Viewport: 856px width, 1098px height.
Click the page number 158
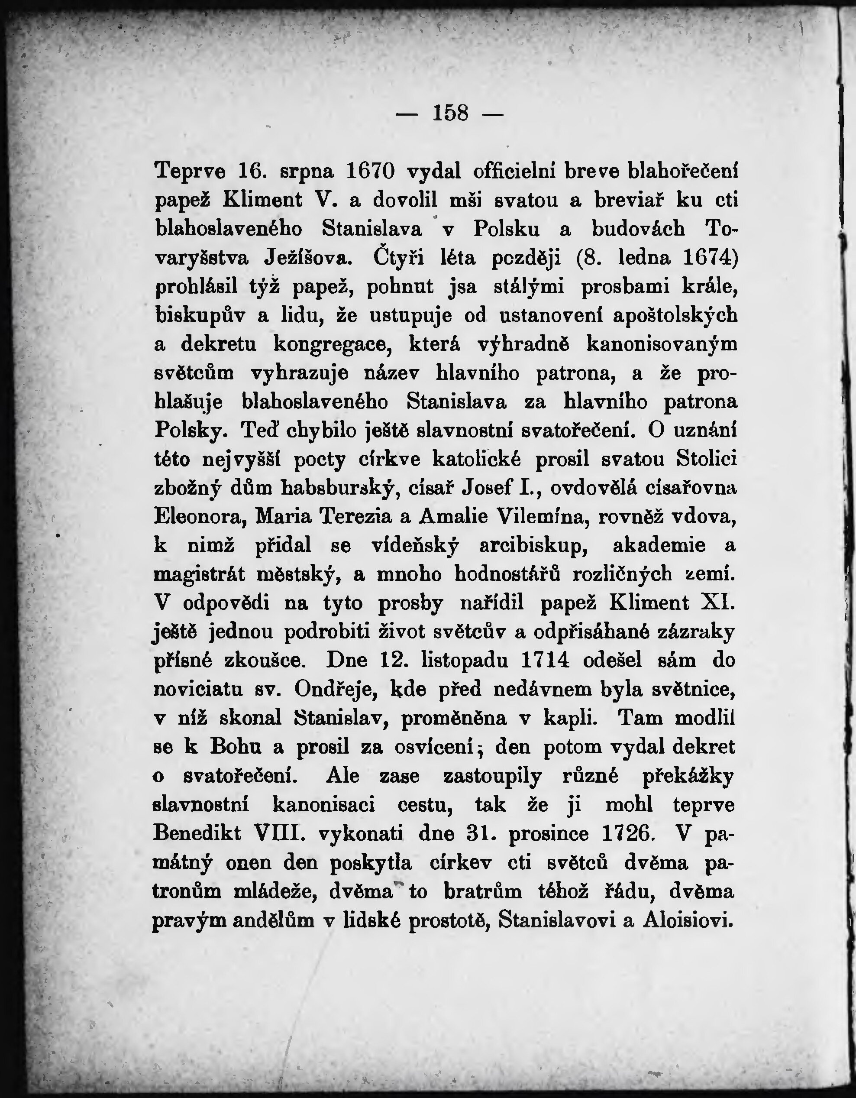(450, 113)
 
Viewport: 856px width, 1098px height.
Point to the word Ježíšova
(306, 259)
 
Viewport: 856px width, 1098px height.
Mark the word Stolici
(706, 459)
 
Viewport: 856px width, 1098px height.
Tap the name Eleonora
(200, 517)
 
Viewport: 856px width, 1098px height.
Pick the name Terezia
(360, 517)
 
